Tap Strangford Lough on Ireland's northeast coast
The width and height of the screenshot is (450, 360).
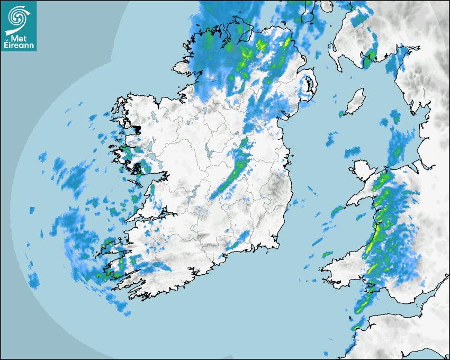309,85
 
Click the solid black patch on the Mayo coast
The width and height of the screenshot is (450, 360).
137,129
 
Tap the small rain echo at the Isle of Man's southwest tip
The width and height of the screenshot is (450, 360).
341,114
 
